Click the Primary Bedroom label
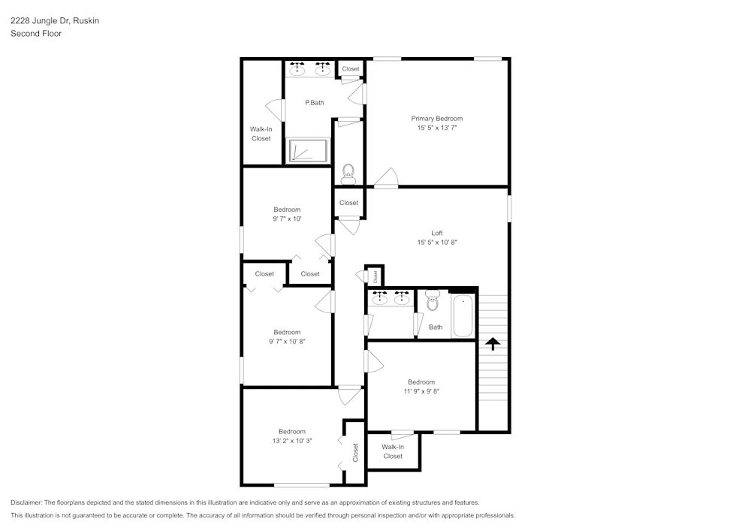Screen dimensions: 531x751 pyautogui.click(x=436, y=119)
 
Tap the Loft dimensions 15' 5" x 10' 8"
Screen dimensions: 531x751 pyautogui.click(x=437, y=243)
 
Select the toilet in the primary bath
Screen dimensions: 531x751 pyautogui.click(x=348, y=174)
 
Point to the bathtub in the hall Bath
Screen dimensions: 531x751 pyautogui.click(x=463, y=316)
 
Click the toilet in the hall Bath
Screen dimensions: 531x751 pyautogui.click(x=432, y=300)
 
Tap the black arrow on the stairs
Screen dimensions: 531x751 pyautogui.click(x=492, y=344)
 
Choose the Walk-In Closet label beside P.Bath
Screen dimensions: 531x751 pyautogui.click(x=261, y=134)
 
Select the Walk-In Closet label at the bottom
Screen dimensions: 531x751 pyautogui.click(x=393, y=451)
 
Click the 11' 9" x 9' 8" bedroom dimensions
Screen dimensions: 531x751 pyautogui.click(x=421, y=391)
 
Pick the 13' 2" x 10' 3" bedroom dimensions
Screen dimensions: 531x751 pyautogui.click(x=292, y=441)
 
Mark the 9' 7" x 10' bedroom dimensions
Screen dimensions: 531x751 pyautogui.click(x=287, y=219)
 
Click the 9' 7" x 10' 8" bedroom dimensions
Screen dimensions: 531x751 pyautogui.click(x=287, y=342)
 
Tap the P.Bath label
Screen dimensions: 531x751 pyautogui.click(x=314, y=103)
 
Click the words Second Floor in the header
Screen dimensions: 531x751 pyautogui.click(x=36, y=34)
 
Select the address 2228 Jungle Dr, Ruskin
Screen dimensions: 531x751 pyautogui.click(x=55, y=21)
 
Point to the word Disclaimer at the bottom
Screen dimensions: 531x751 pyautogui.click(x=27, y=502)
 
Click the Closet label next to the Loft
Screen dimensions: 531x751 pyautogui.click(x=348, y=203)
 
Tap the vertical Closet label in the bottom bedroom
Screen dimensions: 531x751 pyautogui.click(x=355, y=452)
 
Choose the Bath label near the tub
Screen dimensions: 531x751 pyautogui.click(x=436, y=327)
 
